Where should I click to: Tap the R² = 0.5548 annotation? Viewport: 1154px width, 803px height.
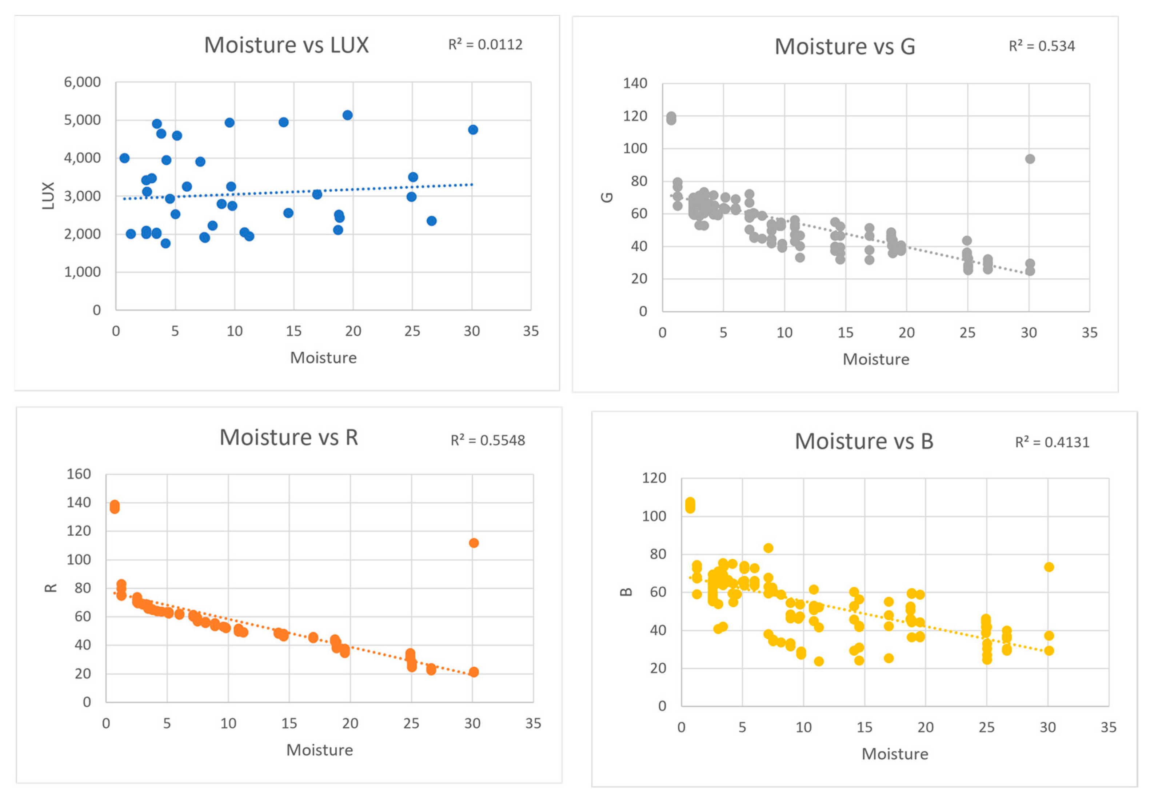(x=488, y=441)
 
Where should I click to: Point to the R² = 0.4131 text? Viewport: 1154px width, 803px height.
(x=1052, y=443)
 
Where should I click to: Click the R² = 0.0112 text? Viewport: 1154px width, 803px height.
(x=485, y=45)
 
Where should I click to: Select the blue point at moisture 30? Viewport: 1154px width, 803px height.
(x=472, y=129)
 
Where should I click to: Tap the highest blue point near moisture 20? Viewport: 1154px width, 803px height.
(x=347, y=115)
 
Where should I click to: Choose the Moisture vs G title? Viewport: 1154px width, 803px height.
(x=844, y=47)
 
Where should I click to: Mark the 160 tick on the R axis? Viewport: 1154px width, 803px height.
(x=79, y=474)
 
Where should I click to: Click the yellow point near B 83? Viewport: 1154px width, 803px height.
(x=768, y=548)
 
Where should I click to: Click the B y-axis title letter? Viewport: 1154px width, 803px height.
(x=626, y=591)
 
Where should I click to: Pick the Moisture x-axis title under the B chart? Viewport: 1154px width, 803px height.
(x=895, y=754)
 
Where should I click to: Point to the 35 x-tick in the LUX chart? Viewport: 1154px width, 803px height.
(x=531, y=331)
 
